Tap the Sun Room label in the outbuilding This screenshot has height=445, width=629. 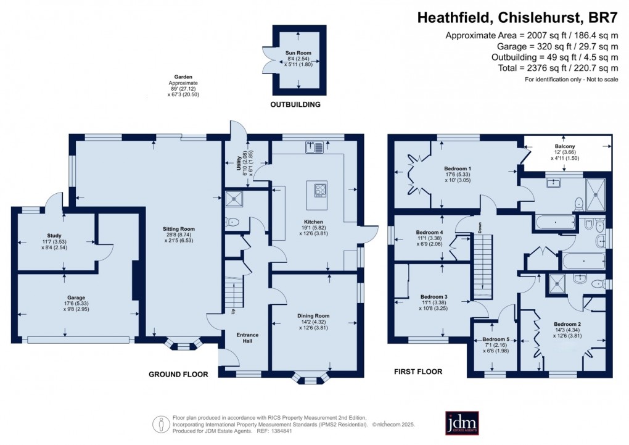coord(298,53)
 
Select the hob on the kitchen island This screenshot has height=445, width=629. coord(321,190)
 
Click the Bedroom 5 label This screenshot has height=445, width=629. coord(496,339)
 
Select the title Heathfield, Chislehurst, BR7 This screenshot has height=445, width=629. coord(521,19)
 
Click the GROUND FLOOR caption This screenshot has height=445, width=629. coord(178,374)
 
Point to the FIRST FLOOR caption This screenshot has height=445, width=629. coord(418,372)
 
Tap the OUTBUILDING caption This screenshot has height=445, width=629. coord(296,105)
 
